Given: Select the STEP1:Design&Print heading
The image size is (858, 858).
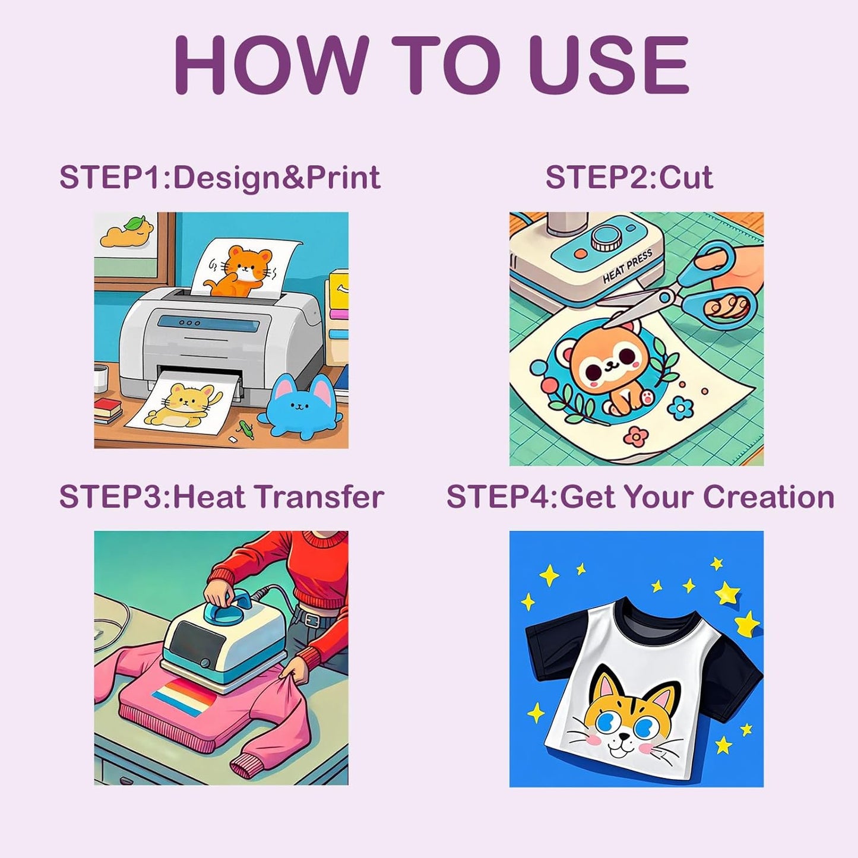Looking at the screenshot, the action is point(220,178).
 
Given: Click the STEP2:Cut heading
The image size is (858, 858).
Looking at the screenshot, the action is point(629,178).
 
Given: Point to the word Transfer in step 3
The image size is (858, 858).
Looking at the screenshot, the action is point(320,496).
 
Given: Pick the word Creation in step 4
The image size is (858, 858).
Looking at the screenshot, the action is point(768,496).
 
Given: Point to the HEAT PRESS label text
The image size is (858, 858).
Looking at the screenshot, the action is point(628,266).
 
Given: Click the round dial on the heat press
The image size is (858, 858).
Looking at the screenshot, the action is point(605,239).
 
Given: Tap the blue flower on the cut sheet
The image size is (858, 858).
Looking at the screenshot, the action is point(682,408).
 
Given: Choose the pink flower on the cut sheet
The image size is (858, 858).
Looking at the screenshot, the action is point(636,437).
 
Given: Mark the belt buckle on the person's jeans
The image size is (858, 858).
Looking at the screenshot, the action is point(312,619).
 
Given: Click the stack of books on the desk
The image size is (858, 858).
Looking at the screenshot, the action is point(107,410).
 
